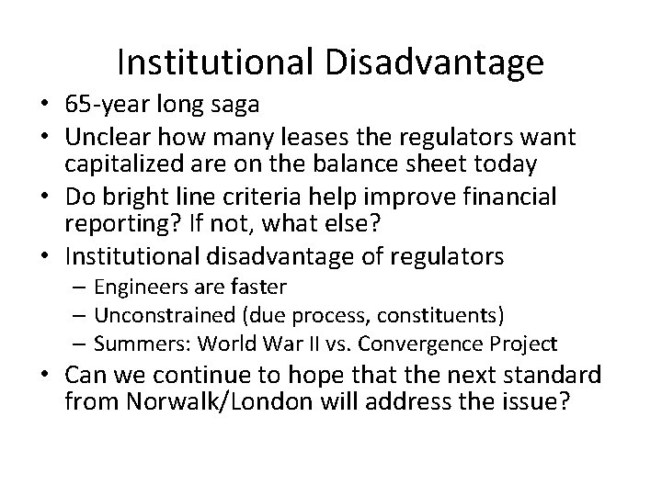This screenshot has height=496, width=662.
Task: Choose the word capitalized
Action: pyautogui.click(x=129, y=164)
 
